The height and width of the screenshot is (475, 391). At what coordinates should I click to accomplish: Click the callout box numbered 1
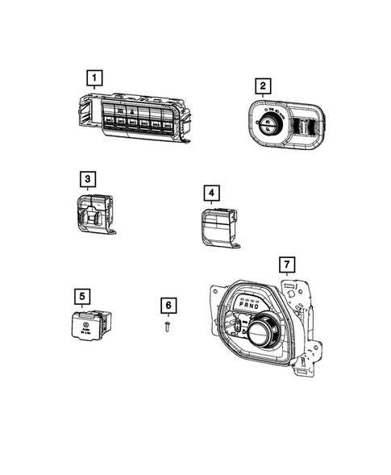pyautogui.click(x=95, y=78)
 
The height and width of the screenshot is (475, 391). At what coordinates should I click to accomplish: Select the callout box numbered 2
pyautogui.click(x=262, y=85)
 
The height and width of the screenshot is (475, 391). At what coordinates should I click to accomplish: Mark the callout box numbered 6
pyautogui.click(x=168, y=306)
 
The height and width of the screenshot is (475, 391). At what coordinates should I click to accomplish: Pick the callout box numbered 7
pyautogui.click(x=284, y=265)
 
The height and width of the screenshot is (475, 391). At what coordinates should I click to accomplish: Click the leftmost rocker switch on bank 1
pyautogui.click(x=109, y=123)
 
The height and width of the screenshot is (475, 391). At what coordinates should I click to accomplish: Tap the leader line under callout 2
pyautogui.click(x=262, y=97)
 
